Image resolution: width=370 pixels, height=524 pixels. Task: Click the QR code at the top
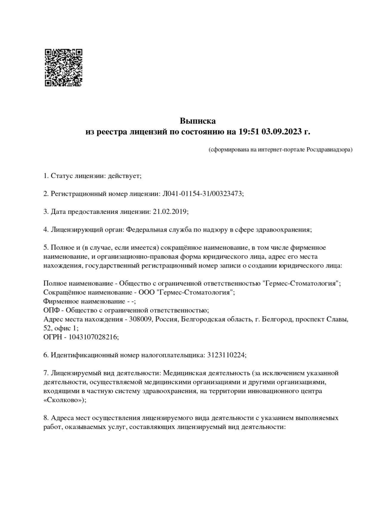(x=64, y=68)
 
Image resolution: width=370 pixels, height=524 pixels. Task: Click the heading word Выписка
(x=198, y=121)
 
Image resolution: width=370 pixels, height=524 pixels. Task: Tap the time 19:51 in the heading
(x=248, y=132)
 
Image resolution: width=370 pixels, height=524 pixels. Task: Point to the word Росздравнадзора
(x=329, y=150)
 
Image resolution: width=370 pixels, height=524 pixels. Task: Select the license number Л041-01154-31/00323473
(x=202, y=194)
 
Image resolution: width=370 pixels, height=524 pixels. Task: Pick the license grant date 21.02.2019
(x=170, y=212)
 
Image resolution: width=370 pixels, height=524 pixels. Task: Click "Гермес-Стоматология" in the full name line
(x=301, y=283)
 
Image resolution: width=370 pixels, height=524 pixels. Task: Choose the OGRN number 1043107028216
(x=93, y=337)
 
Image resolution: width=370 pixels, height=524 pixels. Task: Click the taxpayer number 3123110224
(x=226, y=355)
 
